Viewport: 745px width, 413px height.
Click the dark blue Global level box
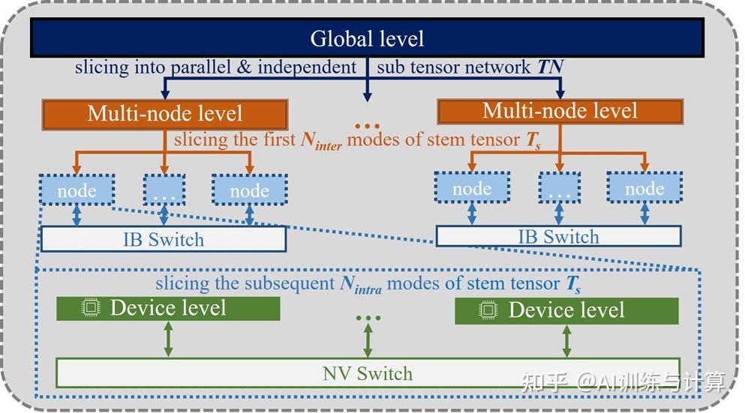[x=367, y=38]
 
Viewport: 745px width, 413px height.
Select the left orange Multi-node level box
[x=165, y=114]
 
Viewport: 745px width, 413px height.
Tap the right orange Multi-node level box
[x=560, y=111]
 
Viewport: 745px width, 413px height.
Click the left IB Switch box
[x=164, y=240]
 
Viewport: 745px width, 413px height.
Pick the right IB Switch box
[x=559, y=237]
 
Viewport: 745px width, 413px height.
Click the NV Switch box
[x=368, y=373]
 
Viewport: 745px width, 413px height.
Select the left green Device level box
[x=168, y=308]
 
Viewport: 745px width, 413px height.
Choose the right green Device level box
[x=566, y=310]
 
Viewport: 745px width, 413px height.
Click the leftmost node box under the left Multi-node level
[x=77, y=190]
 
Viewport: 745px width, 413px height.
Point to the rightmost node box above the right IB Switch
[x=644, y=188]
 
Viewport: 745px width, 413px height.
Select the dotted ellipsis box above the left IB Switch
[x=164, y=190]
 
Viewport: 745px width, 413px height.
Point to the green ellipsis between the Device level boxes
[x=368, y=318]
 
